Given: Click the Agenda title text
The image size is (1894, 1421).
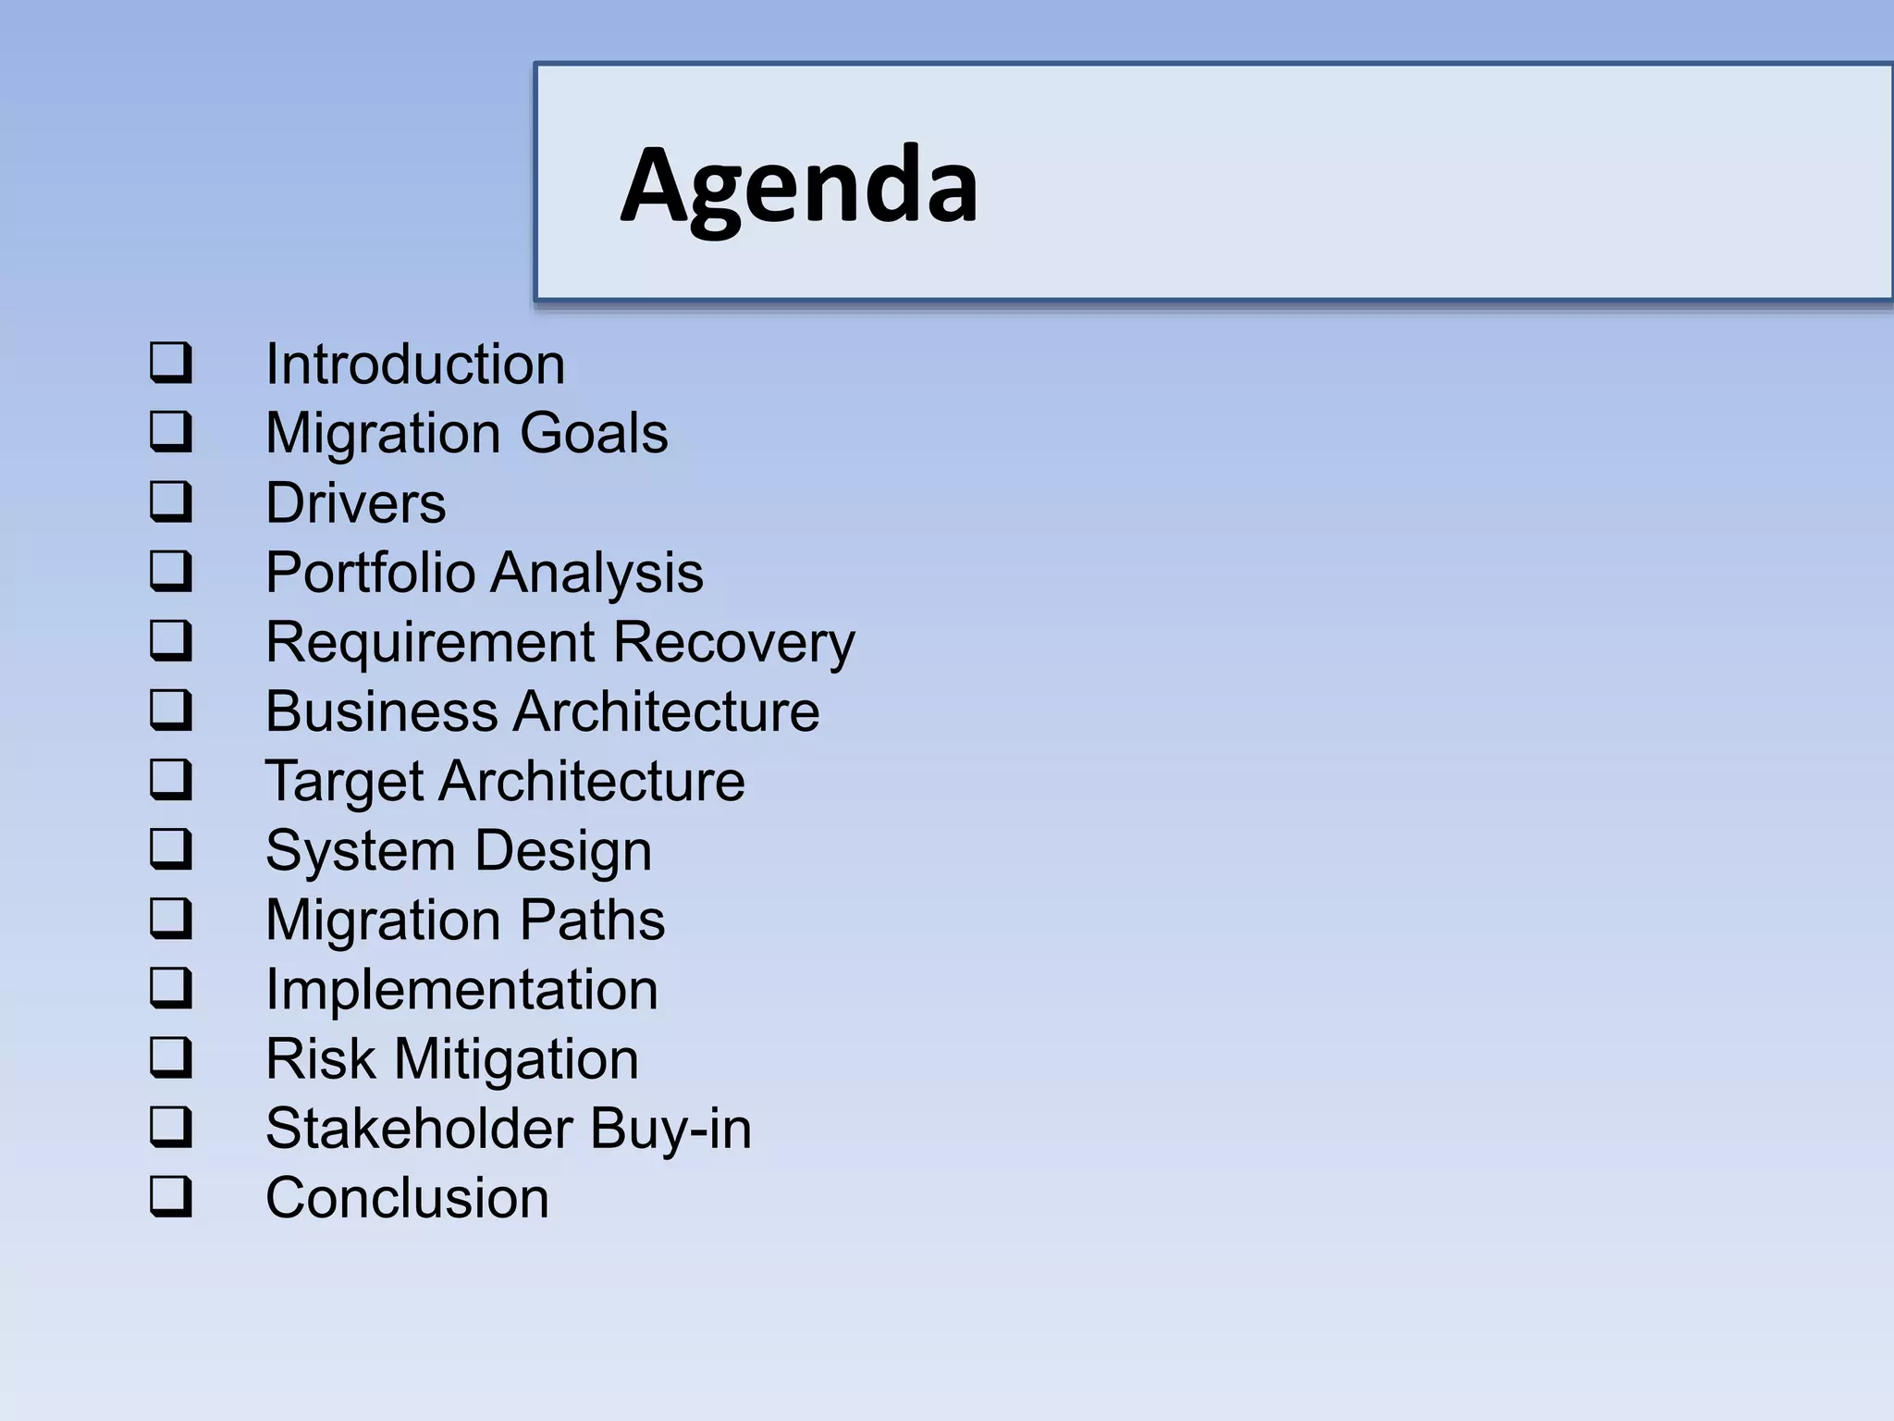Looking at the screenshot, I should click(799, 185).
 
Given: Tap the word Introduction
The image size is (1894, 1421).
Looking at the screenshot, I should click(415, 364).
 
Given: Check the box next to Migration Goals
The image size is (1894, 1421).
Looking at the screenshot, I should click(171, 431).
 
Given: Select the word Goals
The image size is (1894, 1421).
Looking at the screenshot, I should click(594, 433).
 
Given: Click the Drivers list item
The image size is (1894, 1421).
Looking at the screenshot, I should click(355, 503).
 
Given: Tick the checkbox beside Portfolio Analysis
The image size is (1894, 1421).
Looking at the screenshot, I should click(171, 571).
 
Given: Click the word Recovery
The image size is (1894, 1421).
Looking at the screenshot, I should click(734, 642).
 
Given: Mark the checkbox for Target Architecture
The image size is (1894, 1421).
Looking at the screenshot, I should click(171, 779).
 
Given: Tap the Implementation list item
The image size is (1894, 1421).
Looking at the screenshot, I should click(461, 990).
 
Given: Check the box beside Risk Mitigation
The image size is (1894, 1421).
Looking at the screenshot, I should click(171, 1057).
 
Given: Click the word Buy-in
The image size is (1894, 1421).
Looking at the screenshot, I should click(670, 1130).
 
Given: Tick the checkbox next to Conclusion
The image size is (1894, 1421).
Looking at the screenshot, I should click(171, 1196).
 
